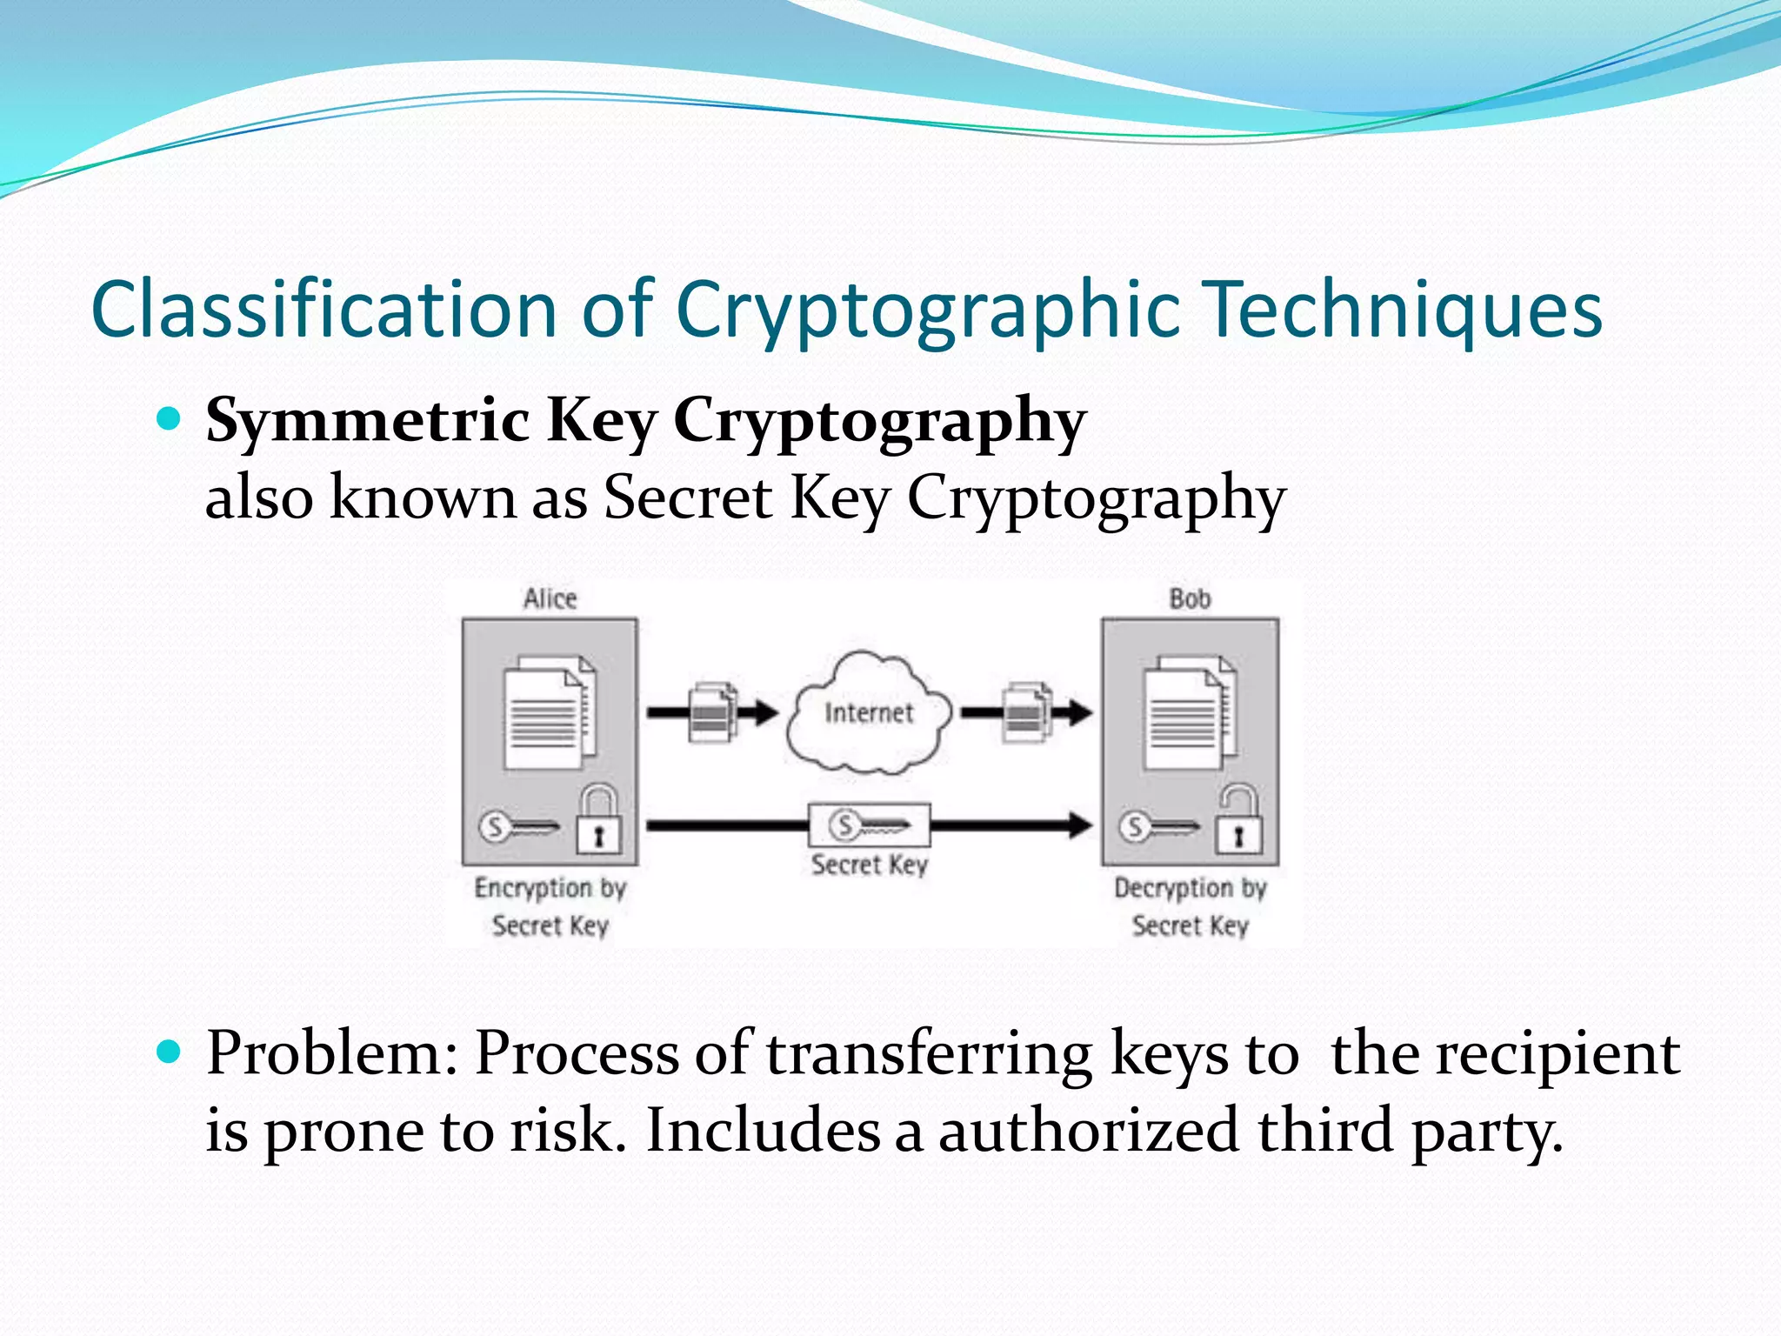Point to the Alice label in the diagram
(550, 598)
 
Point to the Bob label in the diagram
(1190, 598)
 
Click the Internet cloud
(868, 713)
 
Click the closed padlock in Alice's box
(599, 822)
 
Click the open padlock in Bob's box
(1238, 822)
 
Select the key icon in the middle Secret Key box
(868, 825)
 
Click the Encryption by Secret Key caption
(550, 906)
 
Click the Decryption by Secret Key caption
(1190, 906)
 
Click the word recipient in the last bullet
(1557, 1054)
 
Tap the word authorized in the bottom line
(1088, 1131)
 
